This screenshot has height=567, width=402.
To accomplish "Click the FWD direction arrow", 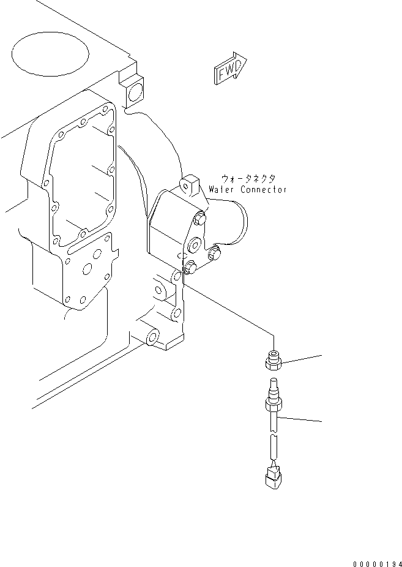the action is click(230, 68).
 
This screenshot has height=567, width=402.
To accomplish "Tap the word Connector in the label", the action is click(263, 190).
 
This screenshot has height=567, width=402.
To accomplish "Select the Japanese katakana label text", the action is click(244, 178).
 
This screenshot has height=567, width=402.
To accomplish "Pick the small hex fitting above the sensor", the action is click(274, 361).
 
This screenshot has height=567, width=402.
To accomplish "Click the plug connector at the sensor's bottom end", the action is click(275, 477).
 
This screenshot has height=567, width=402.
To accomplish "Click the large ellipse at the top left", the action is click(51, 54).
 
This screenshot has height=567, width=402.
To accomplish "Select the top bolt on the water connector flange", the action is click(199, 220).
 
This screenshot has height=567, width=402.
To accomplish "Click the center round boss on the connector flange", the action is click(196, 245).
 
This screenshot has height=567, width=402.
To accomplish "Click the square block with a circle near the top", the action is click(132, 92).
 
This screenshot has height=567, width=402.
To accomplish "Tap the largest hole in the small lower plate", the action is click(87, 269).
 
